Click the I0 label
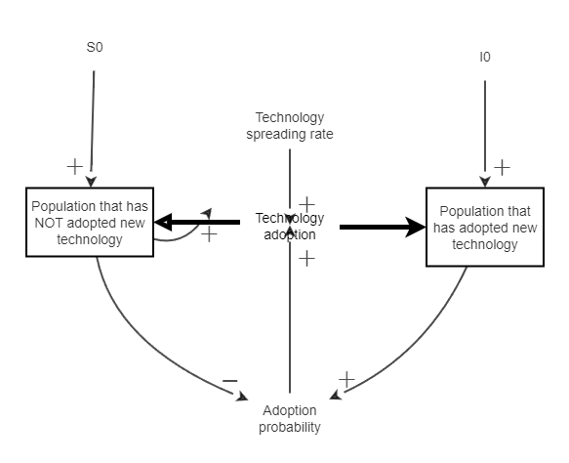pos(484,58)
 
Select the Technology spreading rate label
pos(289,126)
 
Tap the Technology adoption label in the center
pos(290,226)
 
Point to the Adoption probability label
pos(290,418)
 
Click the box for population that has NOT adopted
pos(91,223)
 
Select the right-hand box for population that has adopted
pos(485,228)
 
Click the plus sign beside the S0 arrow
pos(74,166)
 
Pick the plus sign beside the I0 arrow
pos(502,167)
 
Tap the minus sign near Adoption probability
pos(229,380)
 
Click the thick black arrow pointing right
pos(376,228)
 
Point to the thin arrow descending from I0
pos(485,127)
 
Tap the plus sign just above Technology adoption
pos(306,203)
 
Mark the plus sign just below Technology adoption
pos(306,258)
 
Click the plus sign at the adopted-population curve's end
pos(345,378)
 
